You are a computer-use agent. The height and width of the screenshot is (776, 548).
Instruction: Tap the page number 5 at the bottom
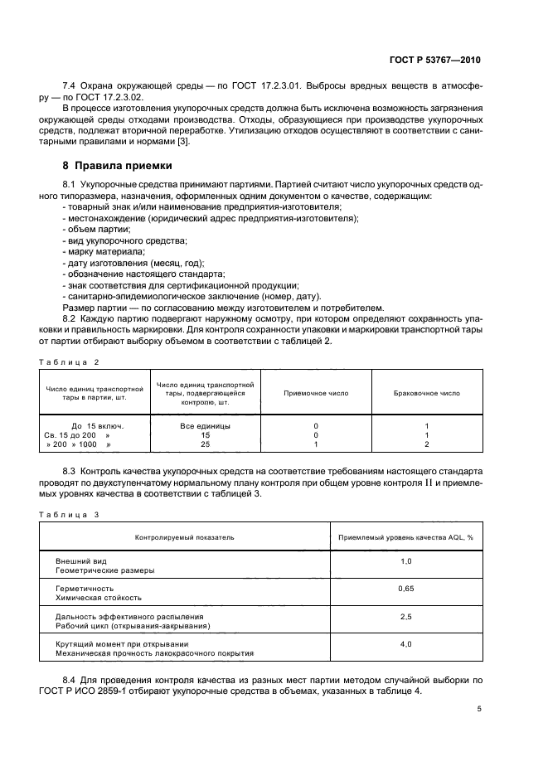tap(479, 709)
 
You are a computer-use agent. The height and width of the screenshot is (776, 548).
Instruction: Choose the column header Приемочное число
tap(316, 393)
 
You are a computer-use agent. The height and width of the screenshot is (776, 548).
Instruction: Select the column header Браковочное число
tap(426, 393)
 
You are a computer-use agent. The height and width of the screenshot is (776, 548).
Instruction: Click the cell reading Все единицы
tap(205, 425)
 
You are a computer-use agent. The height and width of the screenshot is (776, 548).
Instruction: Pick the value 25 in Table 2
tap(205, 444)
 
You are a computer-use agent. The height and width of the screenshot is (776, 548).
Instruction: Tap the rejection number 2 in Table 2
tap(426, 444)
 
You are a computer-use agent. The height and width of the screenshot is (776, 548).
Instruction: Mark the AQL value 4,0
tap(406, 643)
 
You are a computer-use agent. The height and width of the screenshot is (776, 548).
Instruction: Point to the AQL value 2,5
tap(406, 616)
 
